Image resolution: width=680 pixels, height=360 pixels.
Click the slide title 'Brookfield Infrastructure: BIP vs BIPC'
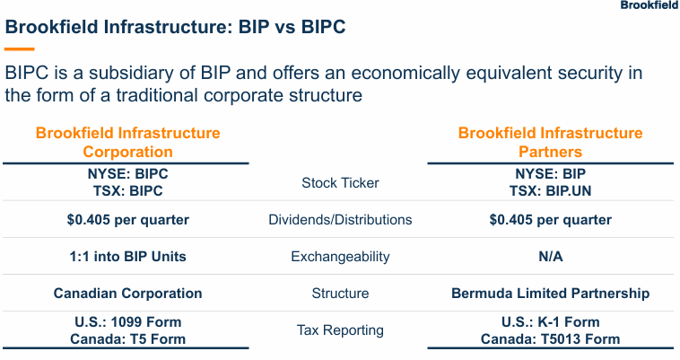pos(176,28)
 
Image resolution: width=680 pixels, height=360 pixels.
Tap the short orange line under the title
pos(20,48)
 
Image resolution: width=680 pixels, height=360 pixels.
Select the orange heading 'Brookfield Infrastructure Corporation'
pos(127,142)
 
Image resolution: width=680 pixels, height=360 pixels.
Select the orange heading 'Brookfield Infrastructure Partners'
pos(550,142)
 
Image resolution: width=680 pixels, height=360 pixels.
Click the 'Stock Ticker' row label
pos(340,183)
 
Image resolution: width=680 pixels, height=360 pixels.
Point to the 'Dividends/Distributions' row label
pos(340,220)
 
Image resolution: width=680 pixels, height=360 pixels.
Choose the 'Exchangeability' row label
pos(340,257)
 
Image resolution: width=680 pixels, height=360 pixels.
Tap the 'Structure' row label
pos(340,294)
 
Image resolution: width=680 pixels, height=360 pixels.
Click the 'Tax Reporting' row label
pos(340,330)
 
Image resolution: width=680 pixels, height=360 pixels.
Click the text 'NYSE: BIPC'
pos(127,174)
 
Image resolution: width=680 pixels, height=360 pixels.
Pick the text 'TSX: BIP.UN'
pos(550,191)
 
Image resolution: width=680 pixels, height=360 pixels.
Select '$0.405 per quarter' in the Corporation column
pos(127,220)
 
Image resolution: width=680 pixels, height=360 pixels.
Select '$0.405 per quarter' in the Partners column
pos(550,220)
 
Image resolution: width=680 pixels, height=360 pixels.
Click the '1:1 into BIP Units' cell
pos(127,257)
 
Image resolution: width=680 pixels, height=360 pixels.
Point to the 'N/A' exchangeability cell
pos(550,257)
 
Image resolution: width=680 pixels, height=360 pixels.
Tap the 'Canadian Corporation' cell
pos(127,294)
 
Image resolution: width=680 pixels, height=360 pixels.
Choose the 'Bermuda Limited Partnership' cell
pos(550,294)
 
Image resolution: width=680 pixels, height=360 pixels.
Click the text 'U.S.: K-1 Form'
pos(550,321)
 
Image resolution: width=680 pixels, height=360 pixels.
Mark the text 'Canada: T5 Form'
pos(127,339)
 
